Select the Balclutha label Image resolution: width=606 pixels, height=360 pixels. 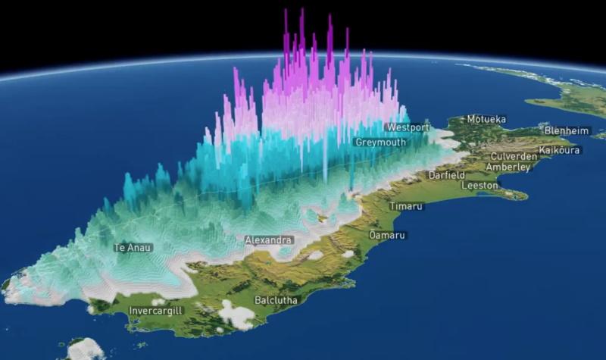[x=276, y=300]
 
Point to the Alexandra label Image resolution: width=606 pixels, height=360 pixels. [x=268, y=240]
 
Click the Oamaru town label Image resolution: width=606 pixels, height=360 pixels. [x=386, y=236]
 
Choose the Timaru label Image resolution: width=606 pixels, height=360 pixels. [x=406, y=206]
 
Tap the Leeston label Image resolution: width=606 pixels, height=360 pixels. [x=479, y=185]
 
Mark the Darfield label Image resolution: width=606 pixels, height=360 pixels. [x=447, y=175]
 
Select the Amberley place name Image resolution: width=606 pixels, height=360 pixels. [x=504, y=167]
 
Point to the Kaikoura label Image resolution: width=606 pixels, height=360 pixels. [x=559, y=150]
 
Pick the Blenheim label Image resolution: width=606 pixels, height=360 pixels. [x=566, y=130]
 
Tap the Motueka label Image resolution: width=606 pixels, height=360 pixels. [x=486, y=119]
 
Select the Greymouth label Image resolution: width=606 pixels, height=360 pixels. [x=380, y=142]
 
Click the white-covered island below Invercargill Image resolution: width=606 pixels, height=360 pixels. [x=85, y=349]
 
